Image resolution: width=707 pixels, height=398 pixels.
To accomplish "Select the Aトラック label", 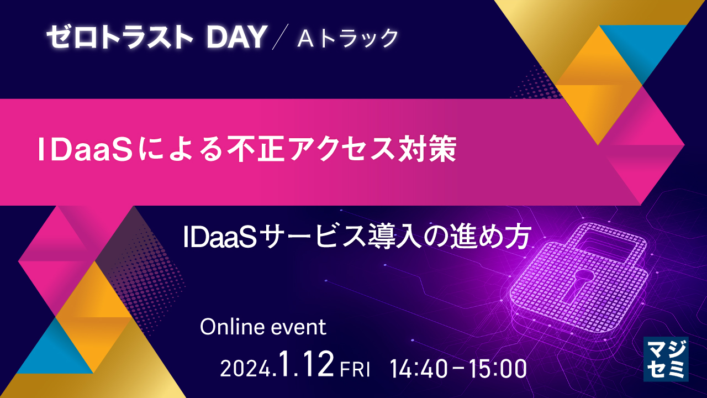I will [x=348, y=38].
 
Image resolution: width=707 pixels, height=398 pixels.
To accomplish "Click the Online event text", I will [x=263, y=327].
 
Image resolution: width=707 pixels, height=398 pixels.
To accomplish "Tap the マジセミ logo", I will [x=666, y=359].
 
